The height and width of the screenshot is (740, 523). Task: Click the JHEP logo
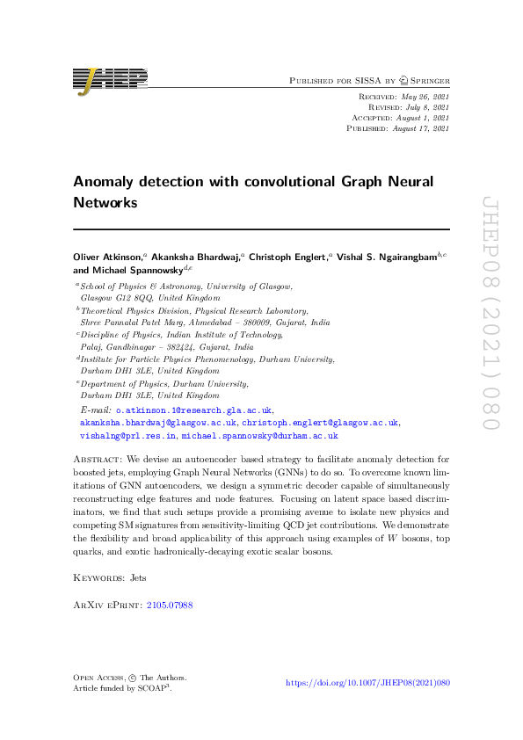pos(110,80)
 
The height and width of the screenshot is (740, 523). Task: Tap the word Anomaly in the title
pos(106,181)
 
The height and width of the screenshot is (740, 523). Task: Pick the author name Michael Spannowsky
pos(134,270)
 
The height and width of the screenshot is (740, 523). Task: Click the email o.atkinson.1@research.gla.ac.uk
pos(194,410)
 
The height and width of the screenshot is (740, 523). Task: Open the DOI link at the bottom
pos(368,682)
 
